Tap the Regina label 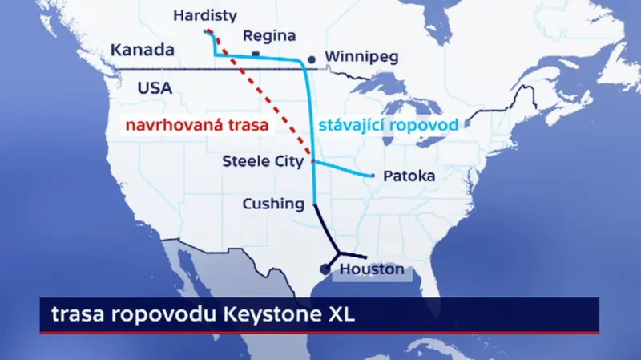coord(268,35)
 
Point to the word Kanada coord(143,50)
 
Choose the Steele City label coord(264,162)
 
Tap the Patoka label coord(411,176)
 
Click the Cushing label coord(273,204)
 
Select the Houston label coord(372,269)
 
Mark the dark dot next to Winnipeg coord(312,59)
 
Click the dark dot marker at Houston coord(326,269)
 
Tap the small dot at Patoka coord(373,176)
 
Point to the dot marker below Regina coord(256,54)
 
